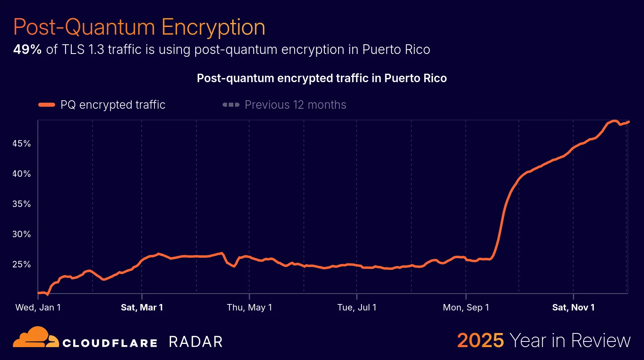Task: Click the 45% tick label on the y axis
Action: [x=22, y=144]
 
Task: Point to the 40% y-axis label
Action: [x=22, y=174]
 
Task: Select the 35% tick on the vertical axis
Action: [x=22, y=204]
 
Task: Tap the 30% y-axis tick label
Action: [x=22, y=234]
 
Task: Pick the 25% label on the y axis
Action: [x=22, y=265]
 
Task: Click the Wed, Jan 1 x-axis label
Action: [x=38, y=308]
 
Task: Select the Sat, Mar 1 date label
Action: [x=142, y=308]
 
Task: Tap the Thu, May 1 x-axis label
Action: [x=249, y=308]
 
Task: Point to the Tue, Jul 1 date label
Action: [x=357, y=308]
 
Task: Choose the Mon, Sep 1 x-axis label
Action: [x=466, y=308]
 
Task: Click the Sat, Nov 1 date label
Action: [x=573, y=308]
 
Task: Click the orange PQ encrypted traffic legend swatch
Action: [x=47, y=105]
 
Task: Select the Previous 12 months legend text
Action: [x=295, y=105]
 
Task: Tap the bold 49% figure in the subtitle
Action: [x=27, y=50]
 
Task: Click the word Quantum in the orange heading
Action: [x=110, y=27]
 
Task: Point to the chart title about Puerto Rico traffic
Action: [x=322, y=78]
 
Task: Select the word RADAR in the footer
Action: [x=196, y=342]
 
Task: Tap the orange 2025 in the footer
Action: [x=480, y=341]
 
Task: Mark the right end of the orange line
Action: [x=628, y=122]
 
